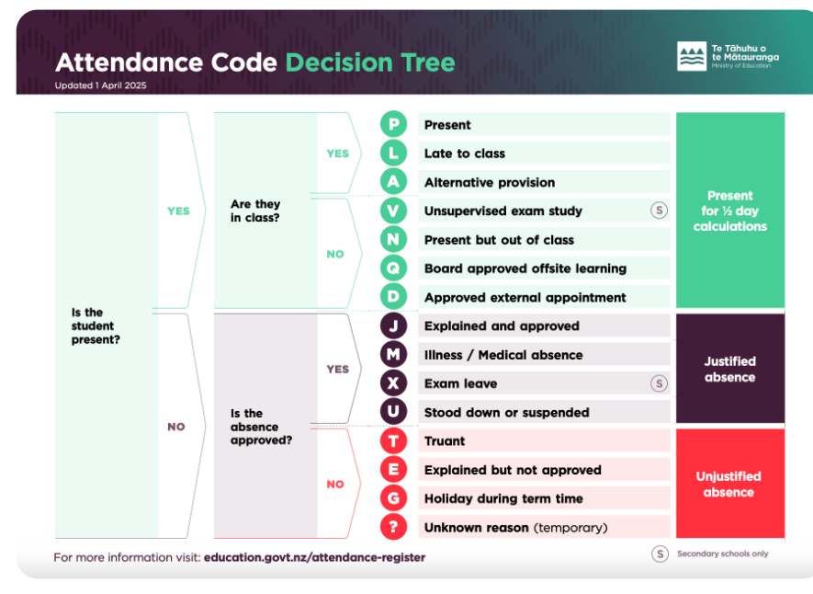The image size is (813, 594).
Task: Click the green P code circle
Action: click(x=393, y=124)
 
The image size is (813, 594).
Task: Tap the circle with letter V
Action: click(x=393, y=211)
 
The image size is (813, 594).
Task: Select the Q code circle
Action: click(x=393, y=268)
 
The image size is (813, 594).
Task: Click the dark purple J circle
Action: click(x=393, y=326)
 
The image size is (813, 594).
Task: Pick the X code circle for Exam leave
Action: click(x=393, y=383)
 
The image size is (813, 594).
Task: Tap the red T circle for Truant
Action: click(x=393, y=441)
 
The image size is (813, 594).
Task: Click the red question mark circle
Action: click(x=393, y=527)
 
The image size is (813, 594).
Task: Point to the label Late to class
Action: click(x=465, y=154)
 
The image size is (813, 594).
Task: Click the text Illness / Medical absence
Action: click(x=503, y=355)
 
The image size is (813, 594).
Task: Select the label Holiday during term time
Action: click(x=503, y=498)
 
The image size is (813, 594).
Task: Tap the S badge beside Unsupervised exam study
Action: click(x=659, y=210)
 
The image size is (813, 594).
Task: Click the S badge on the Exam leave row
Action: click(x=659, y=383)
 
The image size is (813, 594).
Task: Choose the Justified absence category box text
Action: click(x=730, y=369)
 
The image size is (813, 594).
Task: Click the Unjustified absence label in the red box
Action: click(x=728, y=484)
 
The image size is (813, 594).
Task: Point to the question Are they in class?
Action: click(x=255, y=211)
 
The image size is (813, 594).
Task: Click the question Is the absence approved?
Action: click(x=261, y=427)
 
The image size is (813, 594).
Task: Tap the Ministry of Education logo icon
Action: click(x=692, y=56)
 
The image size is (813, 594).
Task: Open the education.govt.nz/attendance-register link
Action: click(x=314, y=557)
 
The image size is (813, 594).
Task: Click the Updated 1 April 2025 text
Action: click(x=100, y=86)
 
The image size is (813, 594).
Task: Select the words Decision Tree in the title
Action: click(x=370, y=63)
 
